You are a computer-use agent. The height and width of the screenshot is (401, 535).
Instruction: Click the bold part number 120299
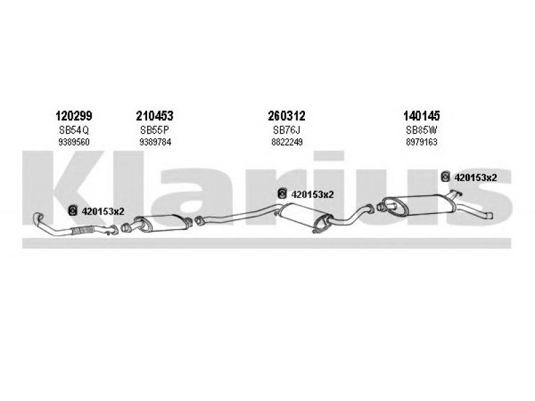tap(74, 116)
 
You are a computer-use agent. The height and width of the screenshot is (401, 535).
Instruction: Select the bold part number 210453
tap(154, 116)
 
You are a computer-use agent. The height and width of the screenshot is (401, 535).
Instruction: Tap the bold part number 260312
tap(286, 116)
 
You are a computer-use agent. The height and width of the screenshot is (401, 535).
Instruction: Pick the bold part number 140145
tap(421, 116)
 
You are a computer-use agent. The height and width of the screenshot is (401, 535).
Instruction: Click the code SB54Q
tap(74, 130)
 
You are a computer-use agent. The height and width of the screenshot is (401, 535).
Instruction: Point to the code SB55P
tap(154, 130)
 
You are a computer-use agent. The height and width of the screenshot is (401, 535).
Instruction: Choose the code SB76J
tap(287, 130)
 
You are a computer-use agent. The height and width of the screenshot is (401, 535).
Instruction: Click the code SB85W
tap(421, 130)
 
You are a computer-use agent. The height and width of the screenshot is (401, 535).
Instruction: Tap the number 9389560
tap(74, 142)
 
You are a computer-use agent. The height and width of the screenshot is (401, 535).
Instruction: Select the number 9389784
tap(155, 142)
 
